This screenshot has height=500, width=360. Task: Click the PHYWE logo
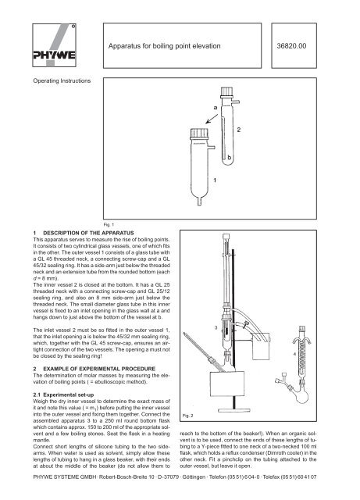[54, 45]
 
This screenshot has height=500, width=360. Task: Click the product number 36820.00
[291, 46]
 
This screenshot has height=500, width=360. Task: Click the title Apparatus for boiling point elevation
[164, 46]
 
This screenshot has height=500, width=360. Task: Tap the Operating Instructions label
[62, 81]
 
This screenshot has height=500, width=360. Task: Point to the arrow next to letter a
[212, 119]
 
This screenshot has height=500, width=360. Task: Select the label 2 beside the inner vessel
[239, 130]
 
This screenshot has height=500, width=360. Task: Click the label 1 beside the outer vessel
[215, 180]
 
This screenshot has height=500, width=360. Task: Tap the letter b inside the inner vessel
[230, 157]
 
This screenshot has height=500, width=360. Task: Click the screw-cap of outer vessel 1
[199, 134]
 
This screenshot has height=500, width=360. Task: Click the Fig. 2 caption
[188, 416]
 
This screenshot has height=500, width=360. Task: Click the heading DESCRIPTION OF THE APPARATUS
[88, 233]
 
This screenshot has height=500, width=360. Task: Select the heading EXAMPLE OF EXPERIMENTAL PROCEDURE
[99, 369]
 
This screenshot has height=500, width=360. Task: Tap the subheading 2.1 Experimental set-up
[63, 395]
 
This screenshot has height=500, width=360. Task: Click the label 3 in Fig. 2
[216, 327]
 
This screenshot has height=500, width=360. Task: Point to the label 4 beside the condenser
[294, 354]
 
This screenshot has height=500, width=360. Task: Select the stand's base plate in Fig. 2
[234, 410]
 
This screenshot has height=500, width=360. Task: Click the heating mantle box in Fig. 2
[227, 384]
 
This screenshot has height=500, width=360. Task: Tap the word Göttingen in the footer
[194, 477]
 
